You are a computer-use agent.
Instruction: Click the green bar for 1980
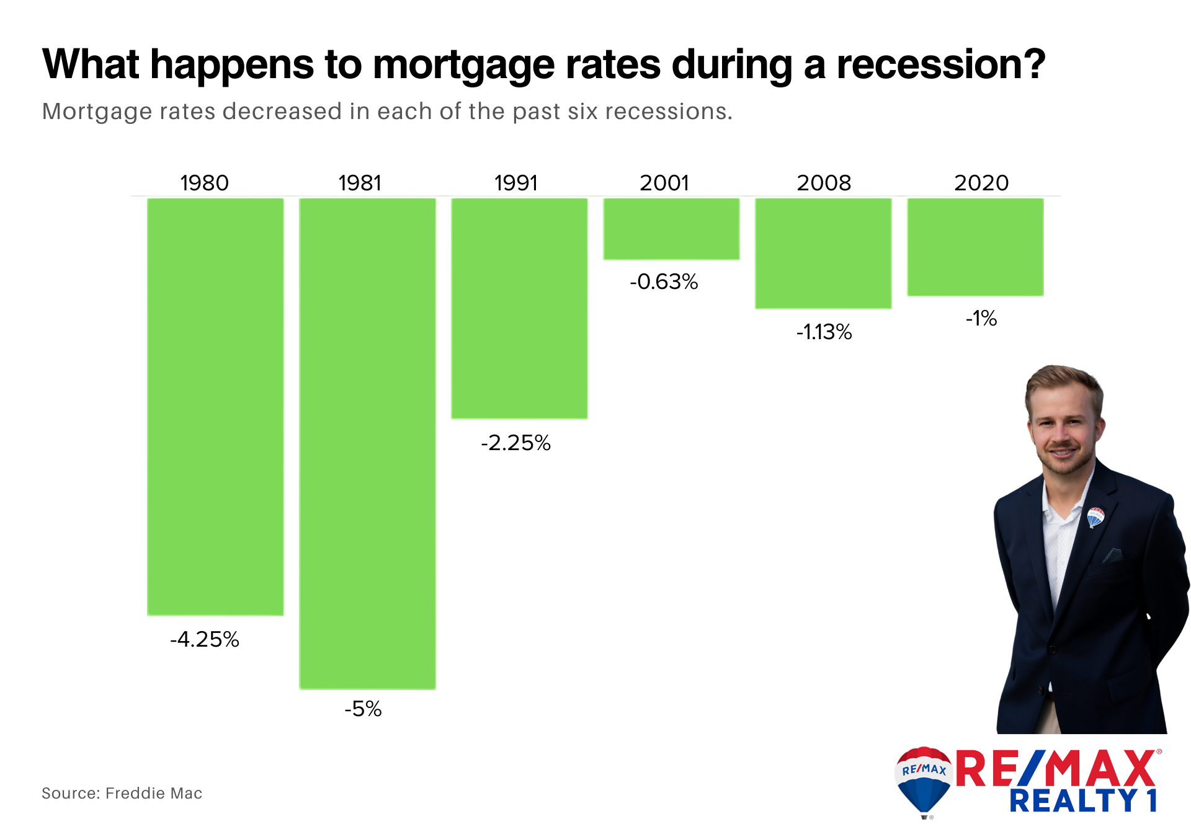click(x=215, y=407)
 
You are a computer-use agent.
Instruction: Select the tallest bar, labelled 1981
click(x=367, y=443)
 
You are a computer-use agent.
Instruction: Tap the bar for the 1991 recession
click(x=519, y=309)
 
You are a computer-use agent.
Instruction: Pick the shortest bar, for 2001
click(x=671, y=229)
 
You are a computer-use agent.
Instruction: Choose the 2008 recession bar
click(x=823, y=254)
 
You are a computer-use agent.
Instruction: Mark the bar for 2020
click(x=975, y=247)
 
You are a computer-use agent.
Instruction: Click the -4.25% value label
click(x=205, y=639)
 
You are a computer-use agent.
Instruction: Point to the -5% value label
click(x=363, y=709)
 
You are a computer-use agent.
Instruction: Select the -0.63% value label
click(x=664, y=281)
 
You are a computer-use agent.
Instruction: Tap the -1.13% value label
click(x=824, y=332)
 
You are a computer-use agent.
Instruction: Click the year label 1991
click(x=515, y=183)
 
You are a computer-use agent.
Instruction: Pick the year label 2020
click(x=981, y=183)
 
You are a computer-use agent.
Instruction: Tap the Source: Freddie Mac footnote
click(x=122, y=793)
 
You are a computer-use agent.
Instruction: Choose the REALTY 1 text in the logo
click(x=1083, y=800)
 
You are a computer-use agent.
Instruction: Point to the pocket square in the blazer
click(x=1112, y=555)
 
